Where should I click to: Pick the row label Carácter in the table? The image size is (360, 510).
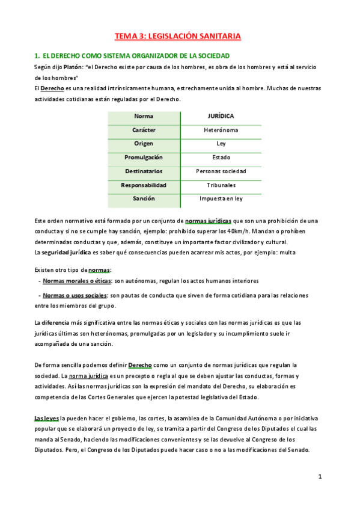tap(144, 130)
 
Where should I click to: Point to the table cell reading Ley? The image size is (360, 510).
tap(221, 144)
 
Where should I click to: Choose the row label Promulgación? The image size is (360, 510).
tap(144, 158)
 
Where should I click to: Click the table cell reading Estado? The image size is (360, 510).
tap(221, 158)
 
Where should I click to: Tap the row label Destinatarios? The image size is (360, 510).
tap(144, 171)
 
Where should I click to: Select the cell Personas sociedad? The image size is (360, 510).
tap(221, 171)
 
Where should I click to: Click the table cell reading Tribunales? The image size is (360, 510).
tap(221, 185)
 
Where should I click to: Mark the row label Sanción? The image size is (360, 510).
tap(144, 198)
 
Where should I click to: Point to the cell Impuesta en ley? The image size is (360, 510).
tap(221, 198)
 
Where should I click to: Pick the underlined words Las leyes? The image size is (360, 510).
tap(46, 418)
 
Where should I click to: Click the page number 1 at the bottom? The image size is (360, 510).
tap(320, 476)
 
